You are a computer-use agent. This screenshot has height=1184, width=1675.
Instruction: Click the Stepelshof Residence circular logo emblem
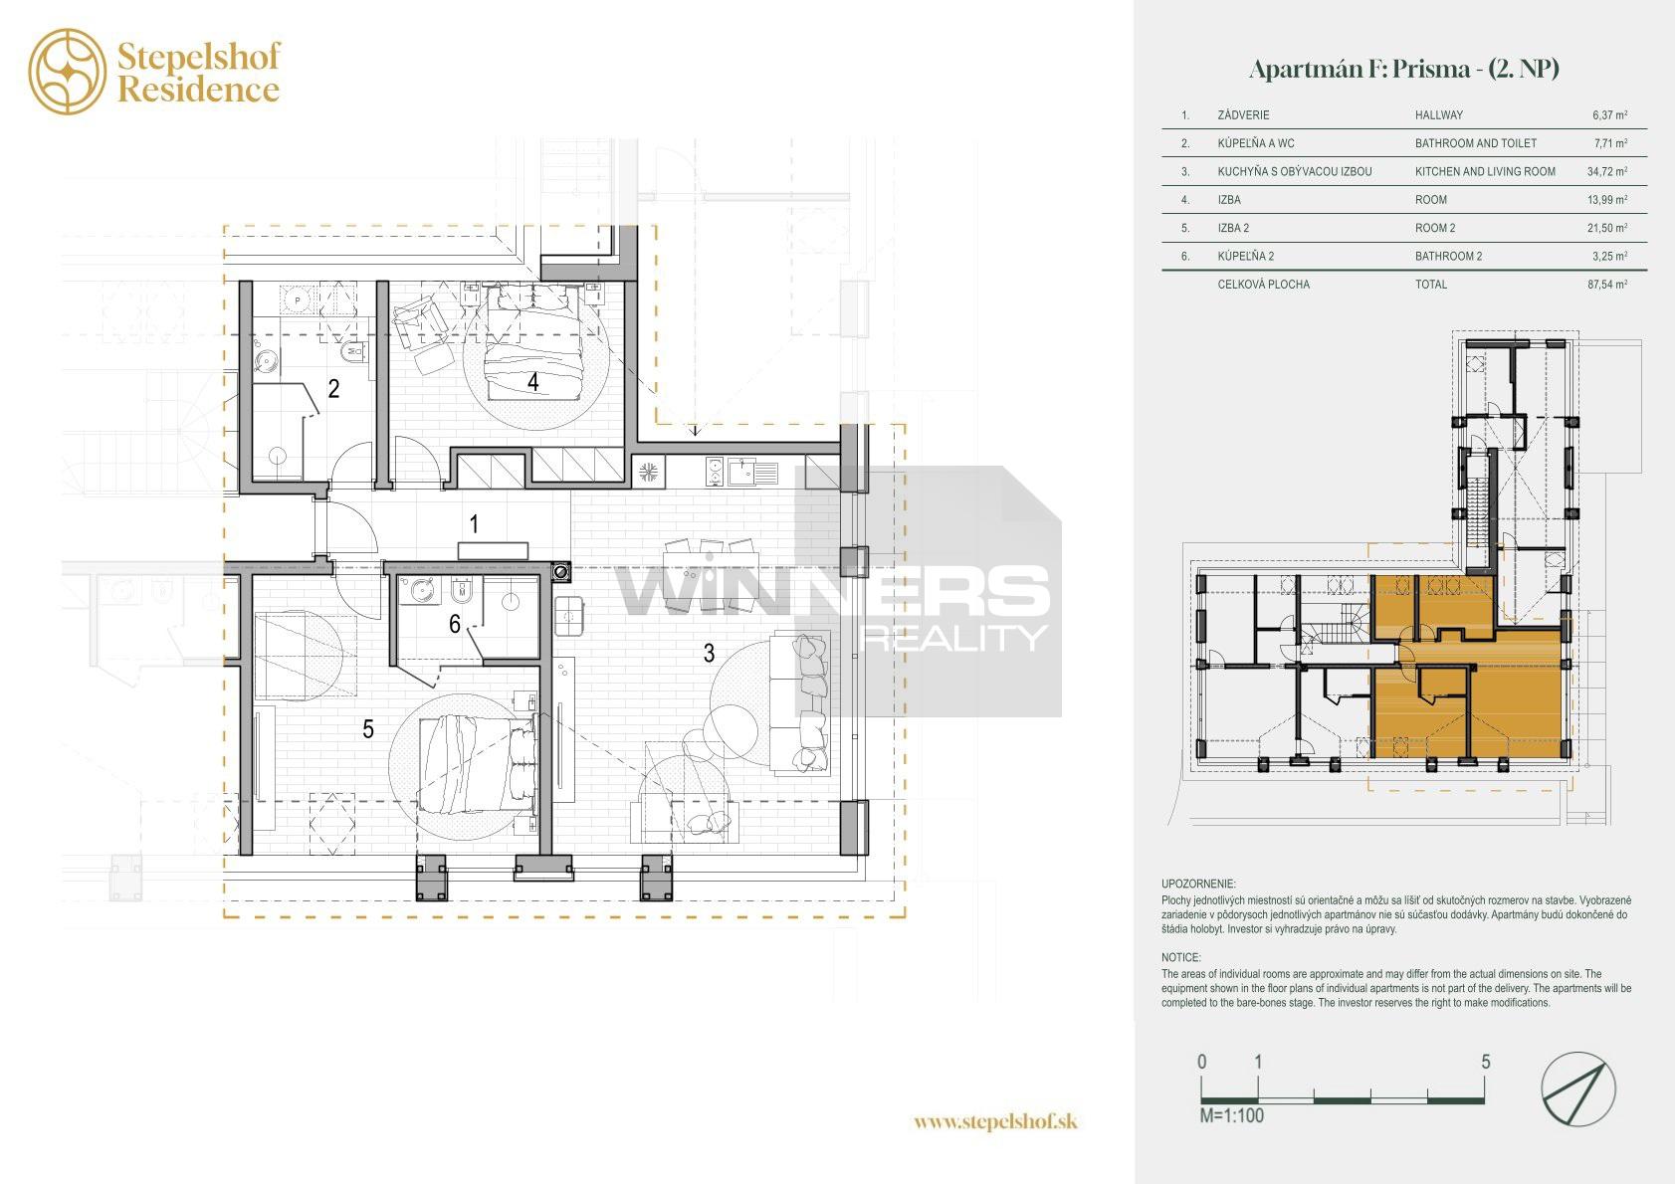click(x=68, y=72)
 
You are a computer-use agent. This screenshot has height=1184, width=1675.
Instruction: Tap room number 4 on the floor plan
click(x=533, y=382)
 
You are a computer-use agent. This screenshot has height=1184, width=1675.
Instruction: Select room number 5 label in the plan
click(x=368, y=728)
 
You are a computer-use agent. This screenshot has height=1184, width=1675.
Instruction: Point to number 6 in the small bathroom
click(x=455, y=624)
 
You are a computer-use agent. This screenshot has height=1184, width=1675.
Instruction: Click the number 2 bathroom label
click(x=333, y=388)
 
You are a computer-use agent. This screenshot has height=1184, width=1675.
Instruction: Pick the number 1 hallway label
click(x=474, y=524)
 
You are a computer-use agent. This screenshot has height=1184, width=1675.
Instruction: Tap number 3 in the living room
click(x=709, y=654)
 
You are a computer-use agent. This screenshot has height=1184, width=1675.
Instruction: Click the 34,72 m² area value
click(x=1607, y=171)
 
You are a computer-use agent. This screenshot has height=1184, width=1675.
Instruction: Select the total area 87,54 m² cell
click(x=1607, y=284)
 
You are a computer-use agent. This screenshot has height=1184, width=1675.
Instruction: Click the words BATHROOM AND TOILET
click(x=1475, y=142)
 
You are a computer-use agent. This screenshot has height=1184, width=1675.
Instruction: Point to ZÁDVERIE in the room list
click(x=1243, y=115)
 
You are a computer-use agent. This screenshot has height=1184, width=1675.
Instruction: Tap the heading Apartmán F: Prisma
click(x=1360, y=69)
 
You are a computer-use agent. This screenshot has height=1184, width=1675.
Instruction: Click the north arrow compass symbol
click(x=1577, y=1089)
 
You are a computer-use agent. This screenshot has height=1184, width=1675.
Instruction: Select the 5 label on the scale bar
click(x=1485, y=1062)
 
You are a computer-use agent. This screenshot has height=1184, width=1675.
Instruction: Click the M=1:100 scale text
click(x=1231, y=1115)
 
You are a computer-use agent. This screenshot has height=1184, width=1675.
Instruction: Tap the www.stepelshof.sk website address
click(x=995, y=1121)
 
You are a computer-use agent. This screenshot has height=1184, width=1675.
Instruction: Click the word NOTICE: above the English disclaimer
click(x=1180, y=957)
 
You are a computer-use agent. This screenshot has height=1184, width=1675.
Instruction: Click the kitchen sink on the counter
click(x=753, y=473)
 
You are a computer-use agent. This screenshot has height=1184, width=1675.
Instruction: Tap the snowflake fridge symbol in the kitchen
click(x=648, y=472)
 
